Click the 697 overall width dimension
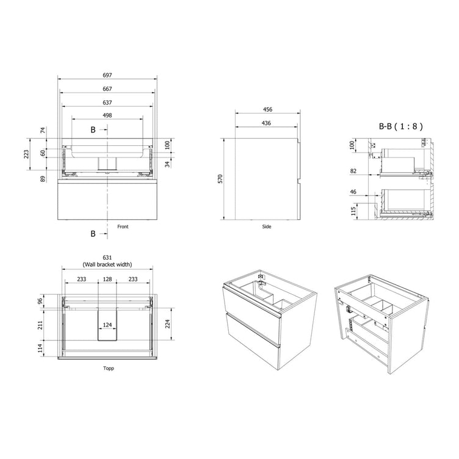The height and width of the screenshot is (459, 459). [107, 75]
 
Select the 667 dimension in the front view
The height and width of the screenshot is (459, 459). [107, 89]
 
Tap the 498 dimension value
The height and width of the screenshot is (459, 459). [107, 115]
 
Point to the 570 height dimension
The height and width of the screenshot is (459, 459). [220, 179]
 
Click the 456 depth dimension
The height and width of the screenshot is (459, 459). [267, 109]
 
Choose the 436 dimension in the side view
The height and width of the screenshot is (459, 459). [266, 123]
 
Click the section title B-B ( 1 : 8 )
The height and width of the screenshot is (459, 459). [401, 126]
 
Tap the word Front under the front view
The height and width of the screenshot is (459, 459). [123, 226]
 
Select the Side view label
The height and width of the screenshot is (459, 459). [267, 226]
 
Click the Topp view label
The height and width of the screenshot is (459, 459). [108, 368]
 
